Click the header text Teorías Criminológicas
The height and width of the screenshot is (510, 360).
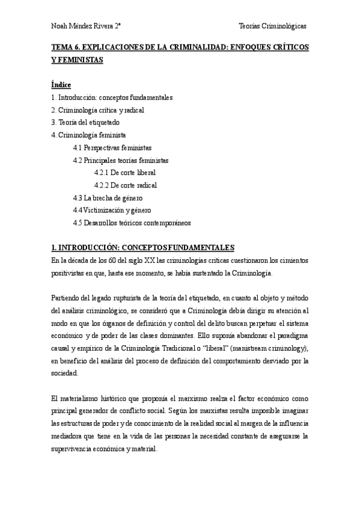[x=272, y=26]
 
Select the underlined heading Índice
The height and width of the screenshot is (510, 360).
[x=61, y=85]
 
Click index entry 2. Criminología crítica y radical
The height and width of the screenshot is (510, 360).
[x=97, y=110]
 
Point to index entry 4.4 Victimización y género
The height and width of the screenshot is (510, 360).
[x=112, y=210]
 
